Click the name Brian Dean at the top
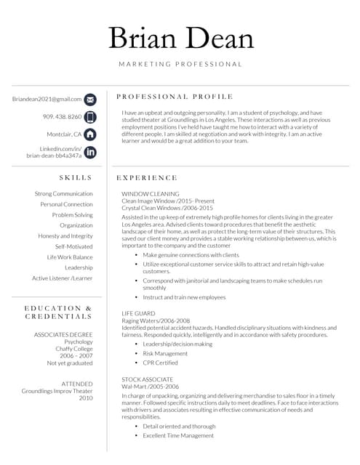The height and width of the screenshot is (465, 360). [x=180, y=39]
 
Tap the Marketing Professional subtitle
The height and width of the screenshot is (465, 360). [x=180, y=65]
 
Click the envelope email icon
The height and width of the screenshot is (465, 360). [x=89, y=100]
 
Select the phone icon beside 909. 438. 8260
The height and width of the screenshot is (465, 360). [x=89, y=117]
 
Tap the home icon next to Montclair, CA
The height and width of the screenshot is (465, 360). [x=89, y=134]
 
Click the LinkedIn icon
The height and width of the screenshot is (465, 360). [x=89, y=152]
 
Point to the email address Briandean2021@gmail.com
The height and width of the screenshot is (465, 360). [x=47, y=99]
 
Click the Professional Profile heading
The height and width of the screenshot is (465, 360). [x=175, y=97]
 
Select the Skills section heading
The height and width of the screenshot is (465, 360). [x=76, y=177]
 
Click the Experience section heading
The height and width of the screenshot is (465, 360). [x=147, y=177]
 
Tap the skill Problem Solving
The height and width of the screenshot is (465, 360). [x=72, y=215]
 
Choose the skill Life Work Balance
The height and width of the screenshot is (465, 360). [x=70, y=257]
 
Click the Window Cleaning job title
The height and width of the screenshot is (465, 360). [x=151, y=194]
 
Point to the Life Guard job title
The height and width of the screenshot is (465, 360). [x=138, y=313]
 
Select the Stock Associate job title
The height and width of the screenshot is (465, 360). [x=147, y=379]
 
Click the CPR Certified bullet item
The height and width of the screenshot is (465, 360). [x=160, y=363]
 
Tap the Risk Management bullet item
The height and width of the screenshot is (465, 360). [x=166, y=353]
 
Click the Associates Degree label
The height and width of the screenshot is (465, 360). [x=63, y=334]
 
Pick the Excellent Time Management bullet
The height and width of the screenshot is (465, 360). [x=178, y=435]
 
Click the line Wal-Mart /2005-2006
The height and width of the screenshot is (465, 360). [x=151, y=387]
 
